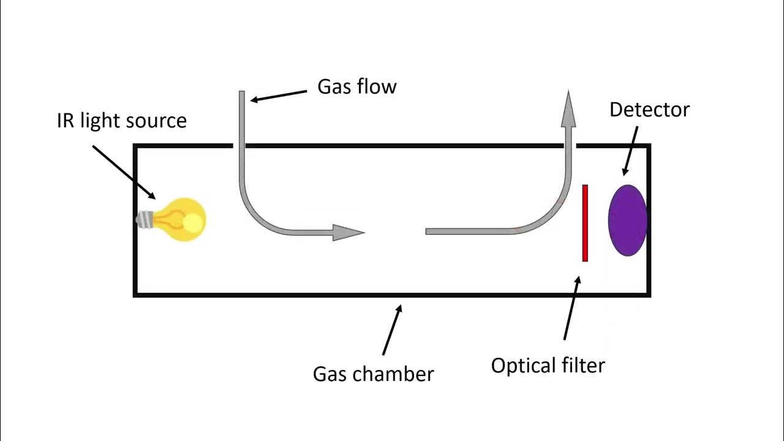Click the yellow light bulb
click(x=181, y=219)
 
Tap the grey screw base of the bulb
click(x=145, y=219)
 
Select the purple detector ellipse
click(x=627, y=220)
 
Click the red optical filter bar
click(x=585, y=223)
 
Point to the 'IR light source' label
click(x=121, y=121)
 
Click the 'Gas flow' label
click(x=356, y=87)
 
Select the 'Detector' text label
click(x=649, y=110)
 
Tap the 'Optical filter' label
click(x=548, y=366)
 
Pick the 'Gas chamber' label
click(x=373, y=374)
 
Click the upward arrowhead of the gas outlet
click(x=568, y=110)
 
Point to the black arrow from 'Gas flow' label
click(x=279, y=96)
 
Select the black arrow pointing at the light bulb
click(x=124, y=172)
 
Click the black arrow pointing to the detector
click(x=630, y=151)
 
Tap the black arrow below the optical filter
click(x=571, y=308)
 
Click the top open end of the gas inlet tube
click(x=242, y=94)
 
